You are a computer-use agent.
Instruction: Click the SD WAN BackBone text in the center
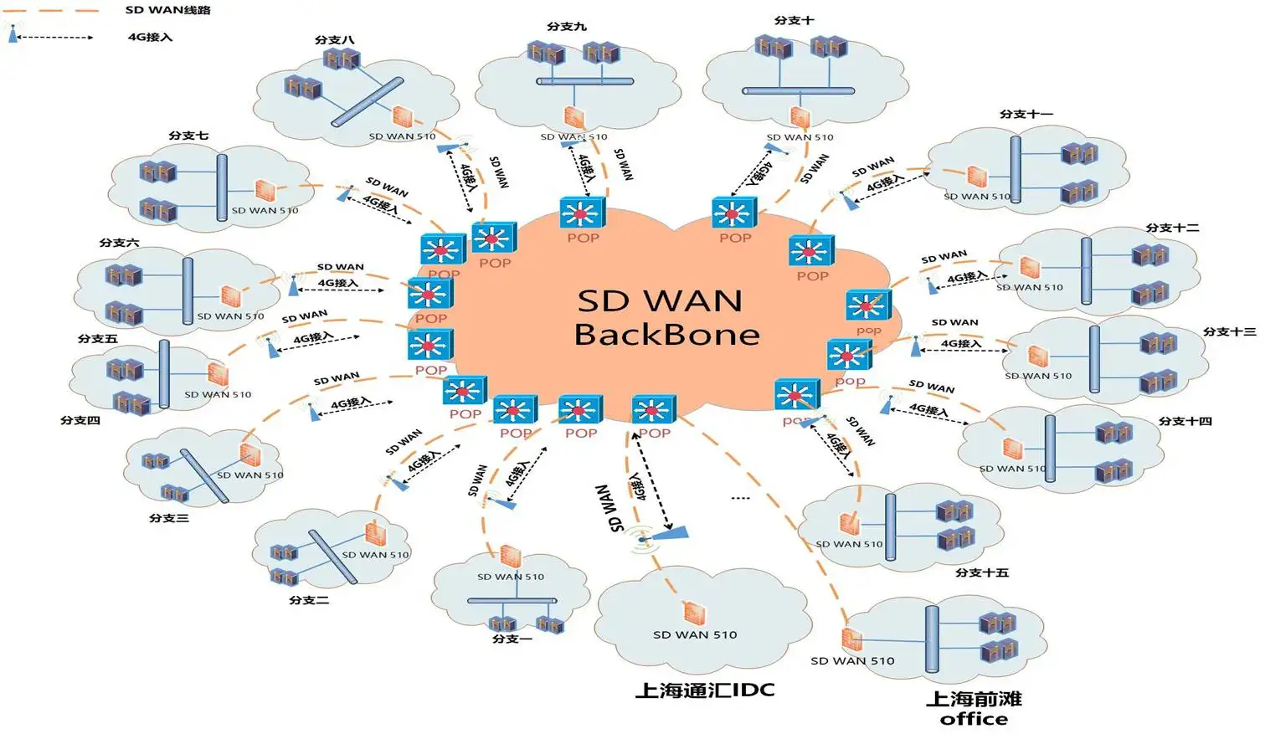coord(666,317)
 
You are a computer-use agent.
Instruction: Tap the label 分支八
coord(334,39)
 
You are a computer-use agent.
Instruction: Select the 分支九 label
coord(567,26)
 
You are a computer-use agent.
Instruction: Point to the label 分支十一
coord(1026,114)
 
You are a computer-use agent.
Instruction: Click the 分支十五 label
coord(981,572)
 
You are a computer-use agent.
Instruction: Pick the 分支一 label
coord(512,639)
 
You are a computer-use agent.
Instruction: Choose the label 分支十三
coord(1229,331)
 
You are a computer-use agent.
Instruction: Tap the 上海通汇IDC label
coord(704,690)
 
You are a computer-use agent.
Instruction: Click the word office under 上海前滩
coord(974,719)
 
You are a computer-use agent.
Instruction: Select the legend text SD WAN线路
coord(167,10)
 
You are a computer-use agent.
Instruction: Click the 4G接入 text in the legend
coord(150,37)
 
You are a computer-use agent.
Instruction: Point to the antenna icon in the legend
coord(13,34)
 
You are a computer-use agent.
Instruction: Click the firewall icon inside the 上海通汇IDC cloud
coord(694,613)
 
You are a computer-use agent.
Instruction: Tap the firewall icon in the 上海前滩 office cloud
coord(852,639)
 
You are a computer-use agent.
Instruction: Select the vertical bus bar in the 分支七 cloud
coord(222,187)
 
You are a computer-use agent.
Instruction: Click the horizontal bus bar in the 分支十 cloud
coord(798,90)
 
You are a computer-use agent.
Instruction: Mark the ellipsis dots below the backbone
coord(740,498)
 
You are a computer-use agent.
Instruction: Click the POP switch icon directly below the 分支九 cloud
coord(582,213)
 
